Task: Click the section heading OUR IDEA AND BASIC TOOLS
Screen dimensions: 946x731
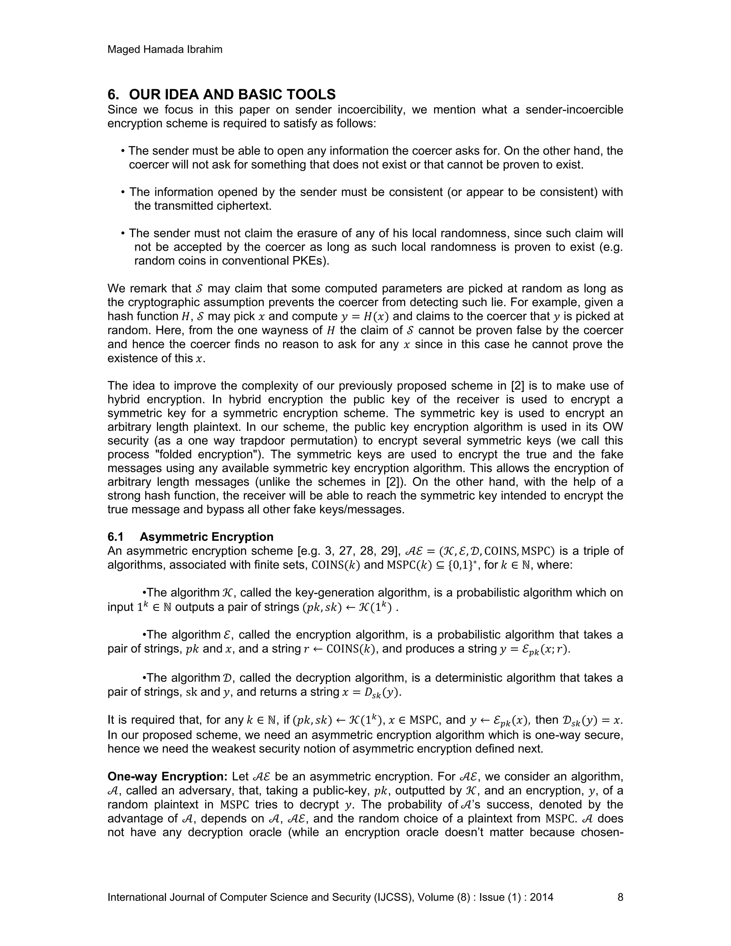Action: (x=232, y=95)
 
